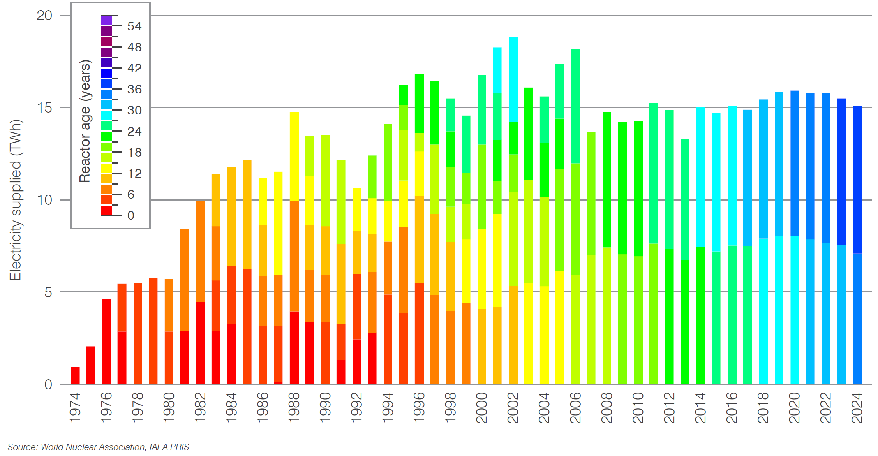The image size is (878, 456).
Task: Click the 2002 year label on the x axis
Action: tap(513, 407)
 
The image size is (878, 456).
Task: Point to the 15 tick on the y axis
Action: tap(44, 108)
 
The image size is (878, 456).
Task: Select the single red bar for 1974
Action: tap(75, 375)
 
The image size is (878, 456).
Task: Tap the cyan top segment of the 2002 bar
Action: tap(513, 79)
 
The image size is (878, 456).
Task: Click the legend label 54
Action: tap(134, 26)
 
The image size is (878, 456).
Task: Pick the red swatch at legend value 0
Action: tap(106, 211)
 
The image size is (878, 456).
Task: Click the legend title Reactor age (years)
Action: tap(85, 121)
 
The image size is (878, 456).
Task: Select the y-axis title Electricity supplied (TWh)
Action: tap(15, 200)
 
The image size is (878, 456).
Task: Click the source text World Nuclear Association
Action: tap(93, 447)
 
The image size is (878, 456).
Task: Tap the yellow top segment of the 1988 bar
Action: tap(294, 156)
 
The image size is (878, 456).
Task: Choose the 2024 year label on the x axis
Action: tap(857, 407)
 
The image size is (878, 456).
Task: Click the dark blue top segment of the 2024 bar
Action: tap(857, 179)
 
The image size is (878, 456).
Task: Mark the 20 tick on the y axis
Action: tap(44, 16)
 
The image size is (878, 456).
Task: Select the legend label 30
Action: tap(134, 111)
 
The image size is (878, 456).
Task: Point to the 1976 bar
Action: tap(106, 341)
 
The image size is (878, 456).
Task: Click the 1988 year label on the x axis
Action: tap(294, 407)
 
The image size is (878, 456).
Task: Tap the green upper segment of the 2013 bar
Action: tap(685, 199)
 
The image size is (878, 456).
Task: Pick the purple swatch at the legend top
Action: tap(106, 21)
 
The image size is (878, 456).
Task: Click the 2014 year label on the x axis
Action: tap(700, 407)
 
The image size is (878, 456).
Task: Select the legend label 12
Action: tap(134, 174)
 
